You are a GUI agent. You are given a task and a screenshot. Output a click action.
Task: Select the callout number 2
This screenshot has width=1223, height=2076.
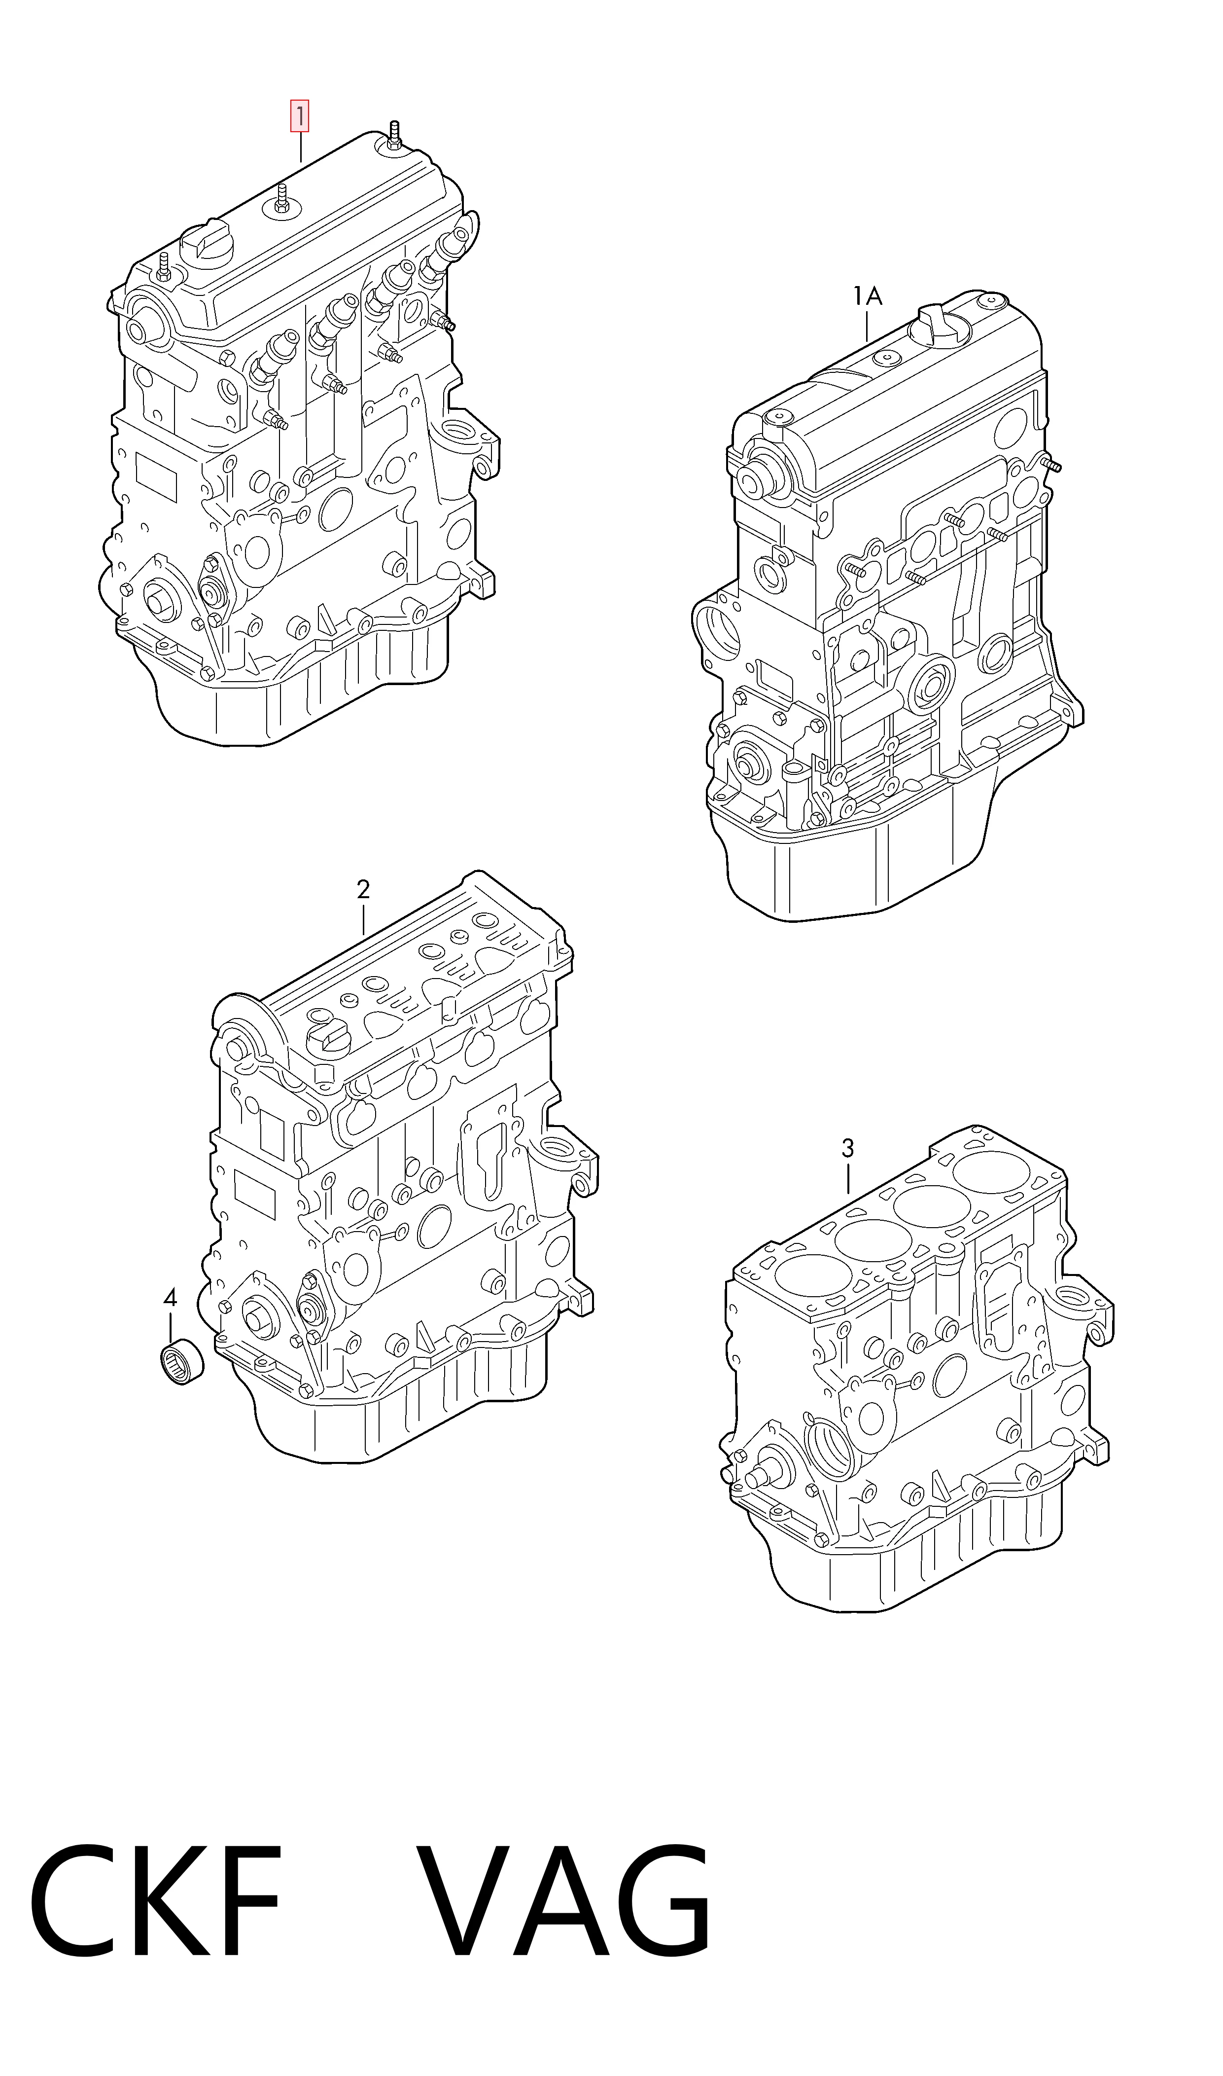363,890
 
